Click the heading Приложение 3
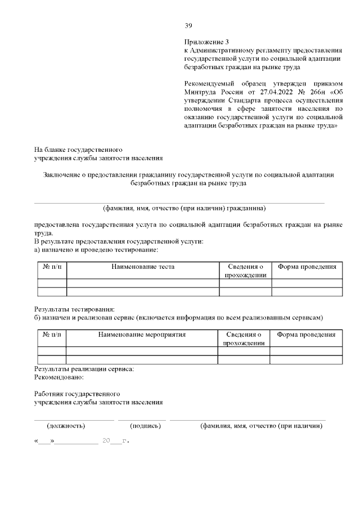tap(207, 42)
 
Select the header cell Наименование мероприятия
tap(142, 334)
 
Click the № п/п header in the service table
tap(52, 334)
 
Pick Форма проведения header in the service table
tap(306, 334)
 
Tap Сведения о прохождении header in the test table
tap(245, 270)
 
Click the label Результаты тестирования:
tap(74, 309)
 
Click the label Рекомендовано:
tap(59, 377)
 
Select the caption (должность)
tap(66, 426)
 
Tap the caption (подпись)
tap(145, 426)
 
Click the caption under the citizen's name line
tap(184, 208)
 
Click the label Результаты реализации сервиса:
tap(84, 369)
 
